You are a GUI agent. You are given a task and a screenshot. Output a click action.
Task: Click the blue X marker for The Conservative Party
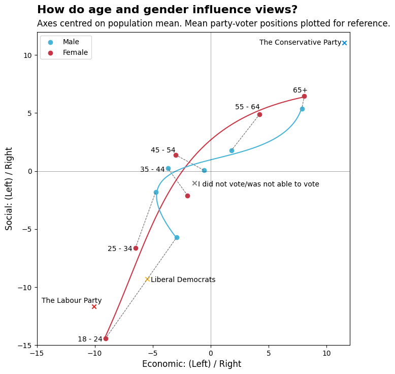coord(344,43)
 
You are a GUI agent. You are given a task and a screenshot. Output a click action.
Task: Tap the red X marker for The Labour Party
coord(94,306)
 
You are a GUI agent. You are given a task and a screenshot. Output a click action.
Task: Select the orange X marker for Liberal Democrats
coord(148,279)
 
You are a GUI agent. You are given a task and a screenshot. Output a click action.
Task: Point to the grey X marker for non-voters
coord(195,183)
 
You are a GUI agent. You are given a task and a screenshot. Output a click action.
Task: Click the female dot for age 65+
coord(304,97)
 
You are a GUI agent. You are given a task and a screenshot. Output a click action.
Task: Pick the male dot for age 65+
coord(302,109)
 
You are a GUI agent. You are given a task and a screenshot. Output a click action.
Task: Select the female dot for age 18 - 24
coord(106,339)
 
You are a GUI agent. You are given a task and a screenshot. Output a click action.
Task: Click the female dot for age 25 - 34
coord(136,248)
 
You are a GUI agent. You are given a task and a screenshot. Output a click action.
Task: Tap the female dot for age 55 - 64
coord(260,115)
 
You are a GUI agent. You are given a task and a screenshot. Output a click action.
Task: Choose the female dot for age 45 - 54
coord(176,155)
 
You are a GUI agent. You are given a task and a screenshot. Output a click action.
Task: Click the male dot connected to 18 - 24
coord(177,238)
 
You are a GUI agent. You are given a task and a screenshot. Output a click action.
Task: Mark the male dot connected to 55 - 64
coord(232,151)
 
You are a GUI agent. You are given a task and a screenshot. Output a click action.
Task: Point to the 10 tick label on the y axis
coord(27,55)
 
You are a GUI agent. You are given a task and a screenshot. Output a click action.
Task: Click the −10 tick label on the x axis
coord(95,353)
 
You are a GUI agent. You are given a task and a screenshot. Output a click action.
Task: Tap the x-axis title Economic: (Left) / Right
coord(192,364)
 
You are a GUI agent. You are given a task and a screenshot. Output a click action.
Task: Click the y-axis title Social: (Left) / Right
coord(9,189)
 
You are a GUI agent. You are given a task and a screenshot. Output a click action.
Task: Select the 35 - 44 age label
coord(152,169)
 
